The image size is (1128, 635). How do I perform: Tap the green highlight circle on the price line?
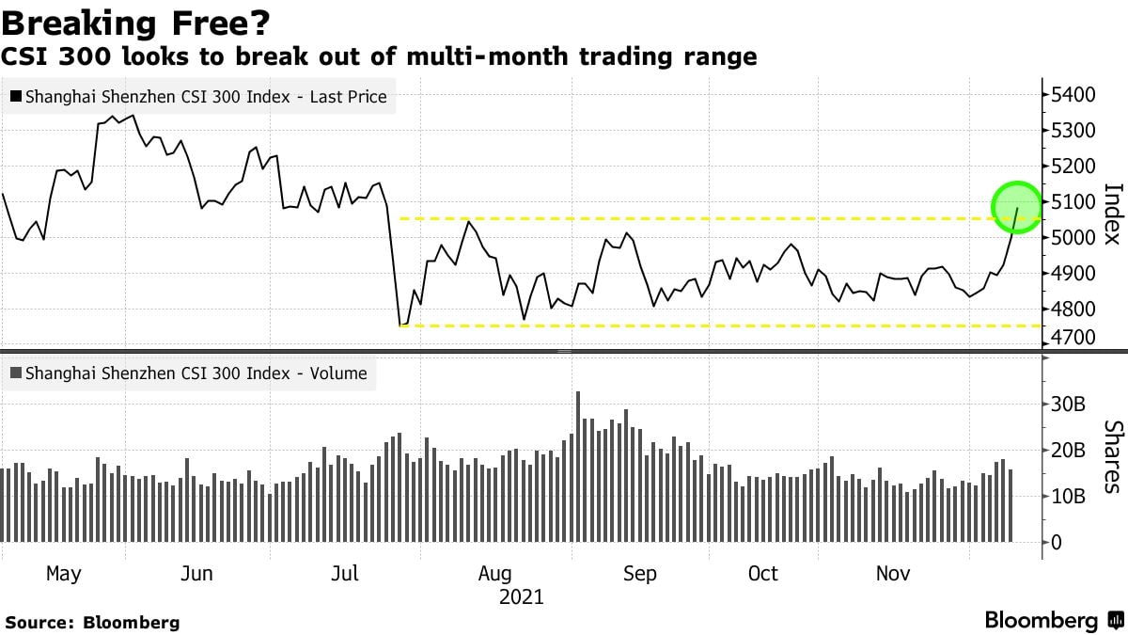point(1017,205)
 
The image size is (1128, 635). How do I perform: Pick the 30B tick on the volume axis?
point(1069,405)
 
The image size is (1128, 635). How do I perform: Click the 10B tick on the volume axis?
point(1069,496)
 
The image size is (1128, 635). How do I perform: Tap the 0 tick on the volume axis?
point(1057,542)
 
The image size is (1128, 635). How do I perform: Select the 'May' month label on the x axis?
point(63,574)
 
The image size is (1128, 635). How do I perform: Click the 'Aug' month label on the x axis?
point(495,574)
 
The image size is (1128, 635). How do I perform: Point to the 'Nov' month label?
point(893,574)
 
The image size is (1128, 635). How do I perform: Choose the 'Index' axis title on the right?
point(1112,214)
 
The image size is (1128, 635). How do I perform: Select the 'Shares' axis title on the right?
point(1112,456)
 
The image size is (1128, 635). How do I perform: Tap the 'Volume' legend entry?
point(196,373)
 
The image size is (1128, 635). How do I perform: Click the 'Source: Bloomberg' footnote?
point(92,622)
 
